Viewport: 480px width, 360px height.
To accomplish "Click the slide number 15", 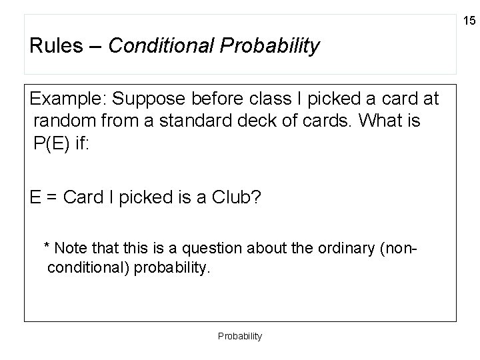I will point(469,21).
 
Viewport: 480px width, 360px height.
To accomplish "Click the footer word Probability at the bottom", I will point(240,337).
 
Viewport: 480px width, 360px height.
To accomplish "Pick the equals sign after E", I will point(51,198).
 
